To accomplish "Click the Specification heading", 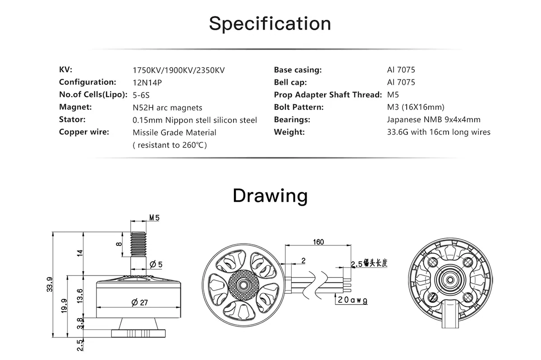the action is click(x=270, y=23).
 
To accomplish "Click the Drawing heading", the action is click(x=270, y=195).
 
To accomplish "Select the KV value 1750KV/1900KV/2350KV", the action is click(x=179, y=70).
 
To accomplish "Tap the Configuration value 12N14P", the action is click(x=147, y=83).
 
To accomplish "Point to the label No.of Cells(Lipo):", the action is click(x=93, y=94).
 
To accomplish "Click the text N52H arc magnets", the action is click(x=167, y=107).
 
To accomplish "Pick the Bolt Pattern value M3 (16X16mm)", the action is click(x=416, y=107).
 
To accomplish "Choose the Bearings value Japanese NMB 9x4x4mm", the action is click(x=434, y=120).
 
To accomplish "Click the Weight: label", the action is click(x=289, y=132).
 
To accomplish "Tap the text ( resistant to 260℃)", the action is click(x=170, y=145).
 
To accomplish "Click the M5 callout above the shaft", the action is click(x=154, y=218).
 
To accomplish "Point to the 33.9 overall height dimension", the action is click(x=50, y=284).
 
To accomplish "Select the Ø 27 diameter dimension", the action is click(x=139, y=302).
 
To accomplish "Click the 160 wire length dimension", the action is click(x=318, y=242).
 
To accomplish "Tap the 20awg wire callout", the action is click(x=353, y=300).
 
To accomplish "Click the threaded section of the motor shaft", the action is click(x=138, y=244).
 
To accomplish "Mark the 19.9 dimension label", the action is click(x=64, y=306).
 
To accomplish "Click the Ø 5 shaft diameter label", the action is click(x=156, y=264).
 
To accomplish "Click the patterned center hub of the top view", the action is click(x=244, y=285).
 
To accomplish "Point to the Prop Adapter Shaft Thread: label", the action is click(x=328, y=95).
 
